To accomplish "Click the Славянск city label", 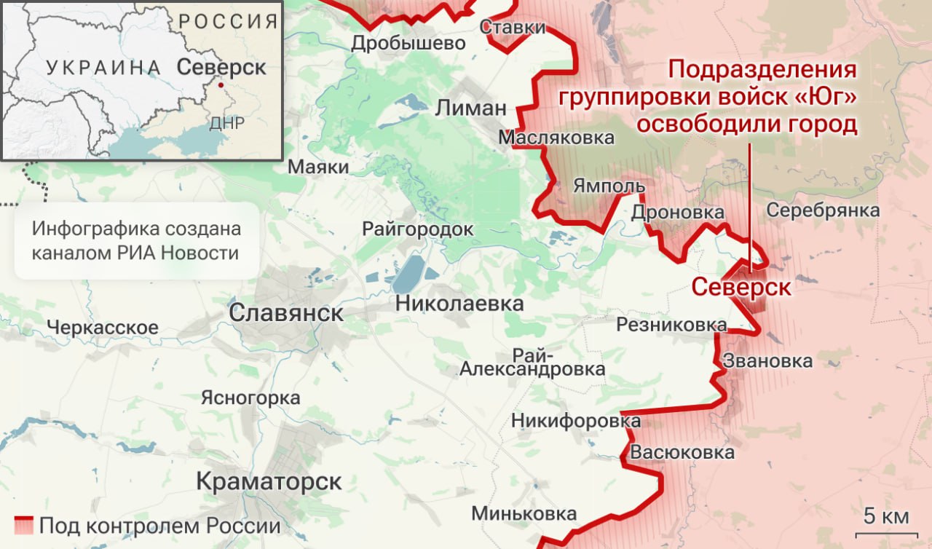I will click(286, 313).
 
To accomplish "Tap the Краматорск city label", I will click(269, 481).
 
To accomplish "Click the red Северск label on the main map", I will click(741, 287).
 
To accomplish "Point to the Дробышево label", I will click(408, 44).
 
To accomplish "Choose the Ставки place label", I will click(513, 28).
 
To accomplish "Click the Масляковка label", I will click(556, 138).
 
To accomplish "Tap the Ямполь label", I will click(609, 185).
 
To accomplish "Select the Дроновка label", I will click(678, 213).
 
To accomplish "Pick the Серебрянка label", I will click(823, 210).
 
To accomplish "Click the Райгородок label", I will click(417, 229).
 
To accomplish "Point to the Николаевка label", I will click(459, 304).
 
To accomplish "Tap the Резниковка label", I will click(671, 325).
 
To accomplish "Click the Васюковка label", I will click(682, 452).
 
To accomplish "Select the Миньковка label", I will click(524, 513).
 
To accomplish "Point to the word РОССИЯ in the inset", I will click(228, 21).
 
